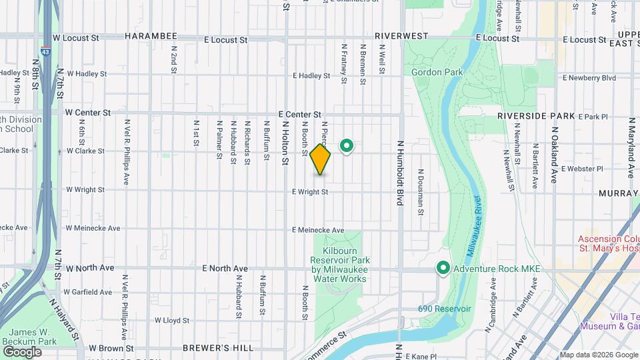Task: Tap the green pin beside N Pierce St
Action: point(347,145)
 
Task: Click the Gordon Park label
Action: point(431,72)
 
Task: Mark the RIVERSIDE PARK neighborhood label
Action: point(536,116)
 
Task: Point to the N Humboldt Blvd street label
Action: point(401,172)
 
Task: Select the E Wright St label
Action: point(310,192)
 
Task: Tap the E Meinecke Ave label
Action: point(318,230)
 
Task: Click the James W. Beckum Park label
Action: point(33,337)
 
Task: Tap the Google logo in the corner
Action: point(23,351)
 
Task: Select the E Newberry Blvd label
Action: point(589,78)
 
